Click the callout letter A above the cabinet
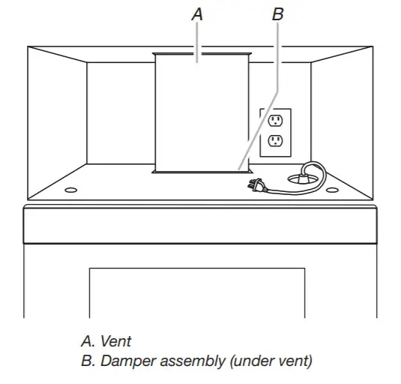click(197, 13)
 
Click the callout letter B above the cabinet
click(278, 13)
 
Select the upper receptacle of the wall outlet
click(275, 121)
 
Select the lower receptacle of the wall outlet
click(275, 140)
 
